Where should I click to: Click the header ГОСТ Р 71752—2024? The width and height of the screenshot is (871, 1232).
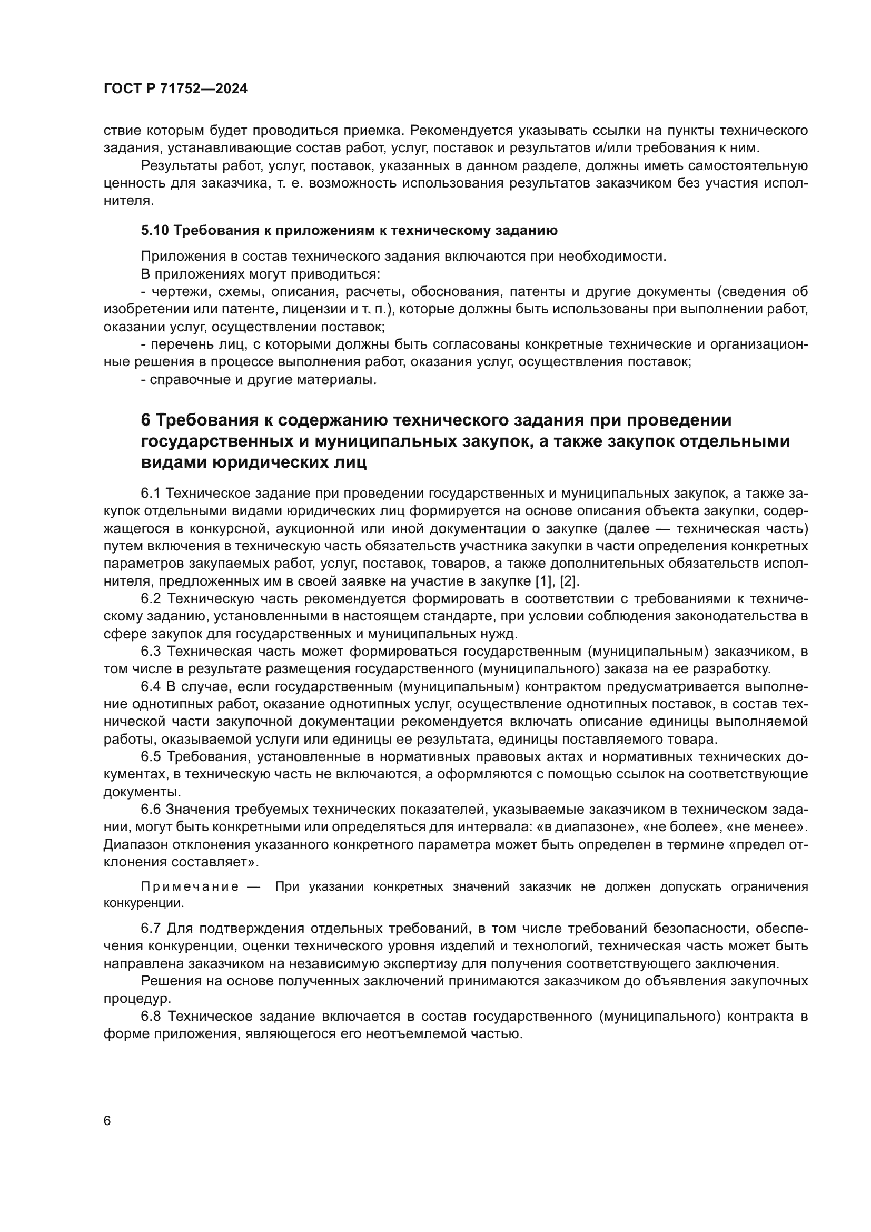175,89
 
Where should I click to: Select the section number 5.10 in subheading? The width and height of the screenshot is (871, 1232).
155,231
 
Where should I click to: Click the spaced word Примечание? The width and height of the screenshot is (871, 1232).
190,886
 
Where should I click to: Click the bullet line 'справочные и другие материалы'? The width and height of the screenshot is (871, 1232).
259,380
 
